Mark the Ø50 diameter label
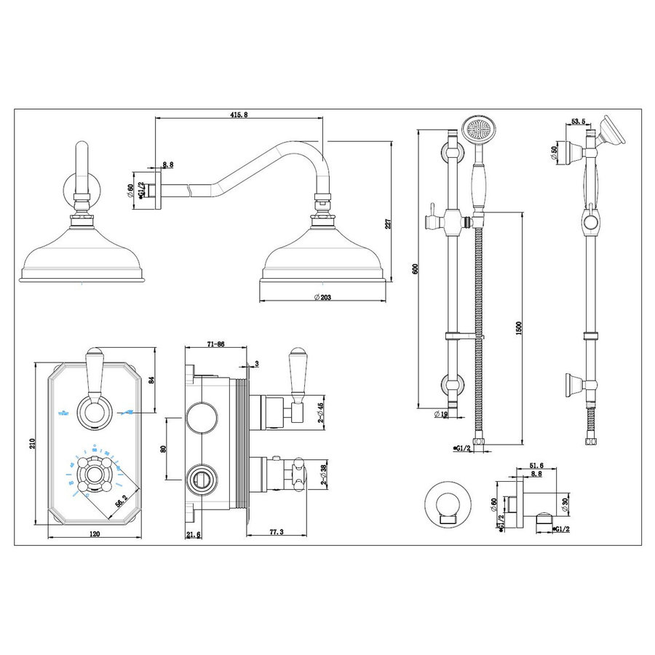click(x=556, y=152)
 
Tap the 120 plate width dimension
click(x=93, y=533)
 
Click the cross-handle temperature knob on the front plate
click(x=93, y=477)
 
